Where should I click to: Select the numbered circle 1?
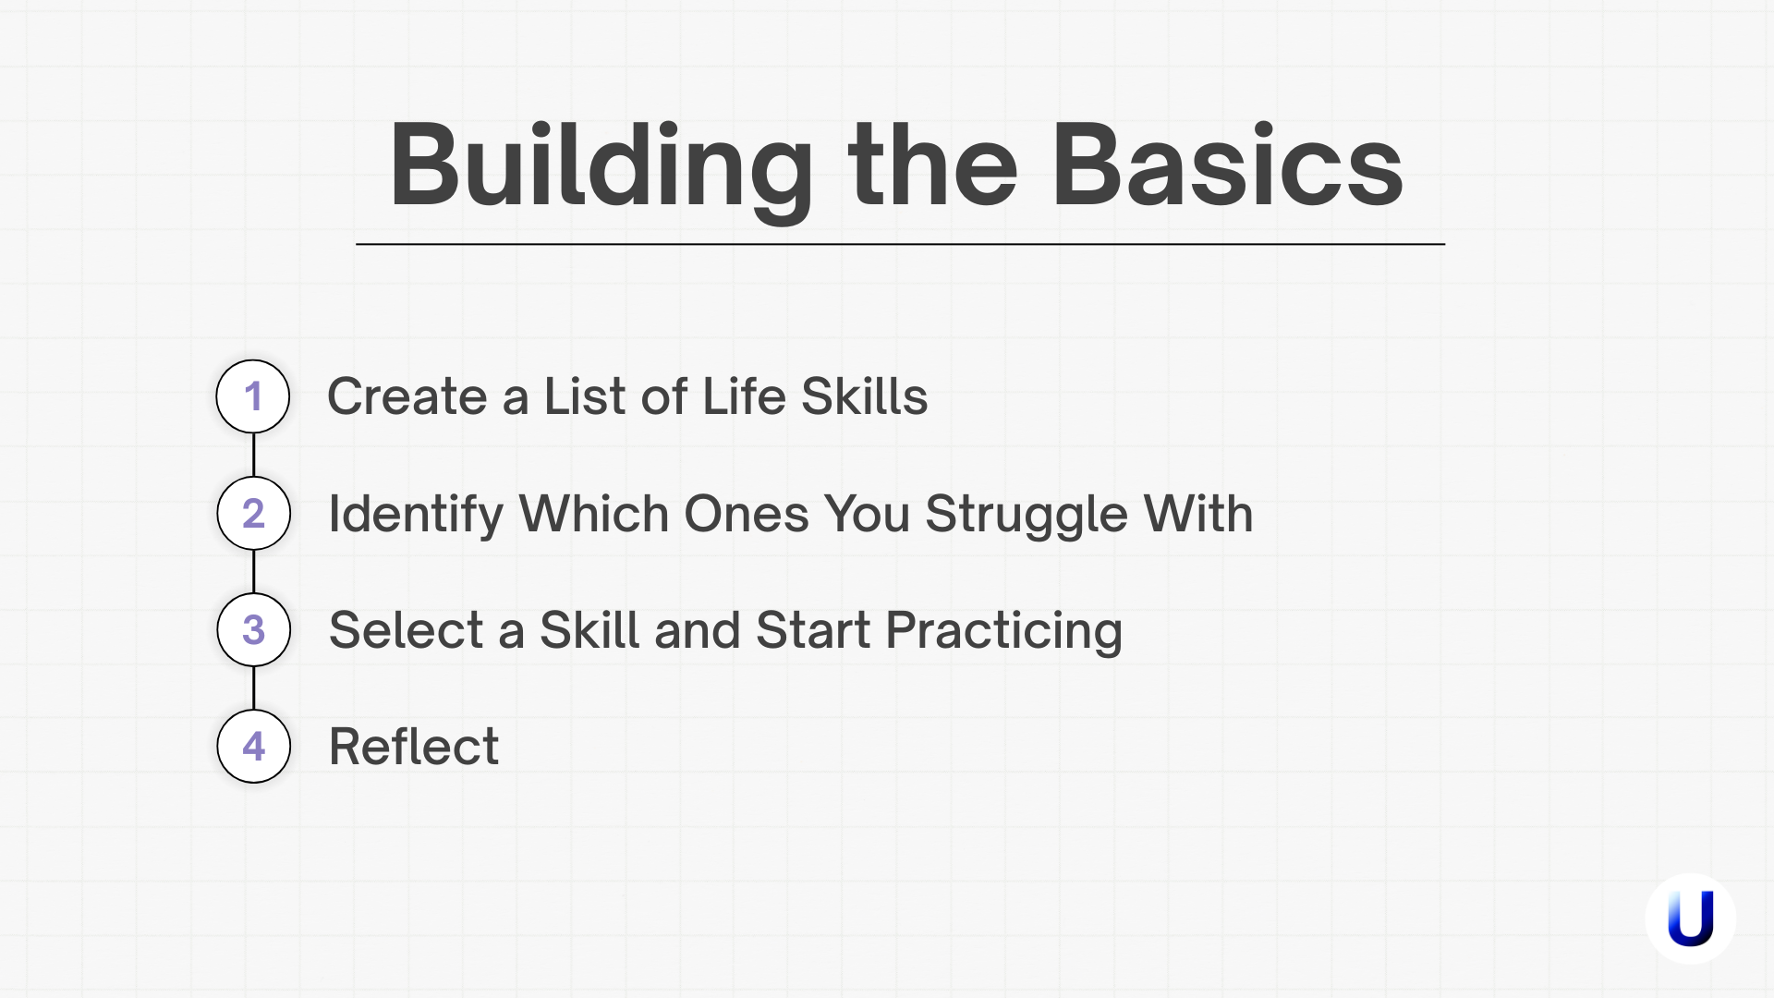(253, 396)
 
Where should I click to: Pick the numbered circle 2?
(253, 513)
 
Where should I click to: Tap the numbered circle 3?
(253, 629)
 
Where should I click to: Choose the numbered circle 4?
(253, 746)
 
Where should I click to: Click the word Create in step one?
(407, 396)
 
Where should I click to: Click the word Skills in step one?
(864, 396)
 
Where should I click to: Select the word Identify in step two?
(416, 514)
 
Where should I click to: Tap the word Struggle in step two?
(1027, 514)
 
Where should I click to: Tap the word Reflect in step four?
(414, 746)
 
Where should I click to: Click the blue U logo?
(1690, 919)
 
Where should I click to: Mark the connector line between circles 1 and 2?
(253, 455)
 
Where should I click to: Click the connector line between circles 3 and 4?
(253, 688)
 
